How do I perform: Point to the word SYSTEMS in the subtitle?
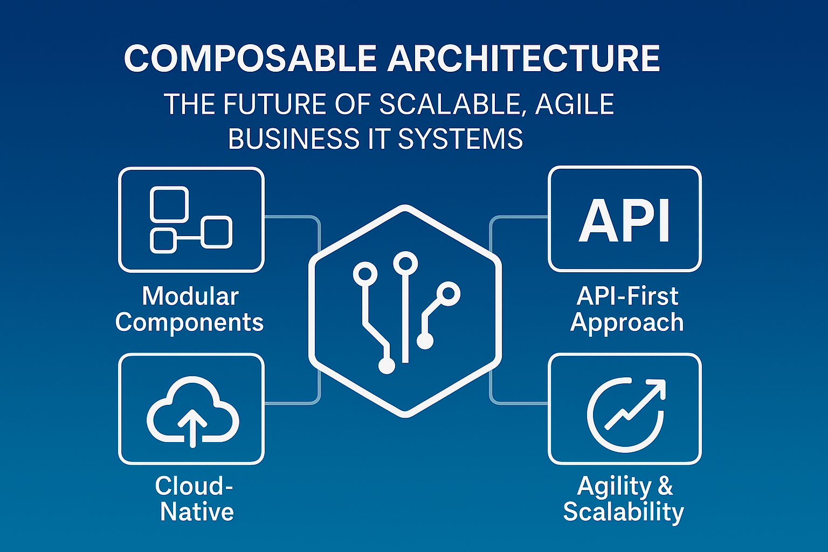[460, 139]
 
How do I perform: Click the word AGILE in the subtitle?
[574, 104]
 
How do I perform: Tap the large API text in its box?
[625, 220]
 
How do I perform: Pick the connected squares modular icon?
[191, 220]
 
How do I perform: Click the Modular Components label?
[190, 309]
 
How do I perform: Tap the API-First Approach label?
[627, 309]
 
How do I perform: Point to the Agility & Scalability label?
[624, 499]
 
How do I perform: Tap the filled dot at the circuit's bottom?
[387, 366]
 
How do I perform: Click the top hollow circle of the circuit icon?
[405, 264]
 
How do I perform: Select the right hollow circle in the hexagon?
[448, 294]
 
